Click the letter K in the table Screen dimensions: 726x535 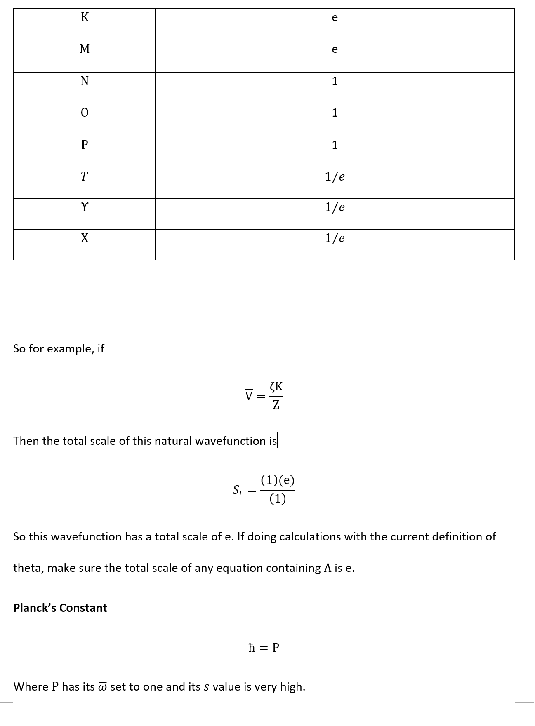point(85,17)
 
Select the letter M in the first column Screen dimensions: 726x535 point(85,49)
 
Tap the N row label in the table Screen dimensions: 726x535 point(85,81)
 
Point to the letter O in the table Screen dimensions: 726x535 point(85,113)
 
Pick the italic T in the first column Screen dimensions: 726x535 point(85,176)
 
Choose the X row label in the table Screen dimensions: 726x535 point(85,238)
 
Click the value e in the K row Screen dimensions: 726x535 point(335,18)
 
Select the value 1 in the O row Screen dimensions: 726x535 point(335,113)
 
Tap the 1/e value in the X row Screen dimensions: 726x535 point(335,238)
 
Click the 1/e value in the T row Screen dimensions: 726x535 point(335,176)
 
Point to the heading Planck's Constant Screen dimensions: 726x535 point(60,608)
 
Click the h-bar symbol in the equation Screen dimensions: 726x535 point(252,647)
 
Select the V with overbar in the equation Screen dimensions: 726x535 point(248,395)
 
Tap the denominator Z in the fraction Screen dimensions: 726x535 point(276,405)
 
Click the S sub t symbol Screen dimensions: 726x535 point(237,490)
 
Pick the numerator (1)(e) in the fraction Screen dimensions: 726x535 point(278,480)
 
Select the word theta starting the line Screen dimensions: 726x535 point(28,568)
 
